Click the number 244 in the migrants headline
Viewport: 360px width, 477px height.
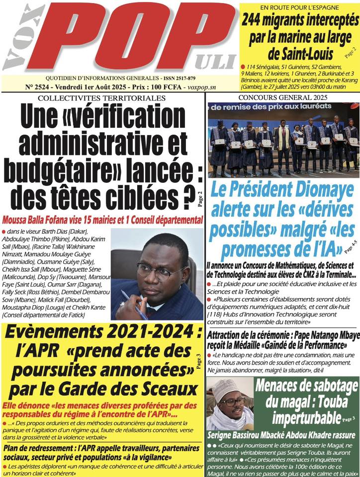pyautogui.click(x=255, y=20)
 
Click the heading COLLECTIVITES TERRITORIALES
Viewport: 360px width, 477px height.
pyautogui.click(x=101, y=98)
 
